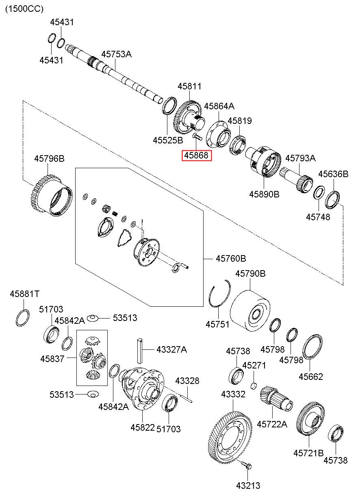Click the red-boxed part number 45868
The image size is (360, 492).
coord(197,155)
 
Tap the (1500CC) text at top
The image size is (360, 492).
coord(24,9)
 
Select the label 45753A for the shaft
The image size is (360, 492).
coord(117,54)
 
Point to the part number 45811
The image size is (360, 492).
coord(189,86)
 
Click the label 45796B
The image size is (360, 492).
coord(49,158)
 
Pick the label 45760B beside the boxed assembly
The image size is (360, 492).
coord(231,258)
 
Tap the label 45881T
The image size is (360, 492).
coord(25,293)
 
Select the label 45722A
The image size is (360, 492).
coord(272,424)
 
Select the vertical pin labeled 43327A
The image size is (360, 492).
coord(139,349)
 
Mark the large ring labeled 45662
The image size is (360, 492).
coord(312,347)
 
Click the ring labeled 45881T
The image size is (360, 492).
coord(23,317)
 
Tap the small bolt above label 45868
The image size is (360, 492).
coord(196,136)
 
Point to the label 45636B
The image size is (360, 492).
coord(333,174)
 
